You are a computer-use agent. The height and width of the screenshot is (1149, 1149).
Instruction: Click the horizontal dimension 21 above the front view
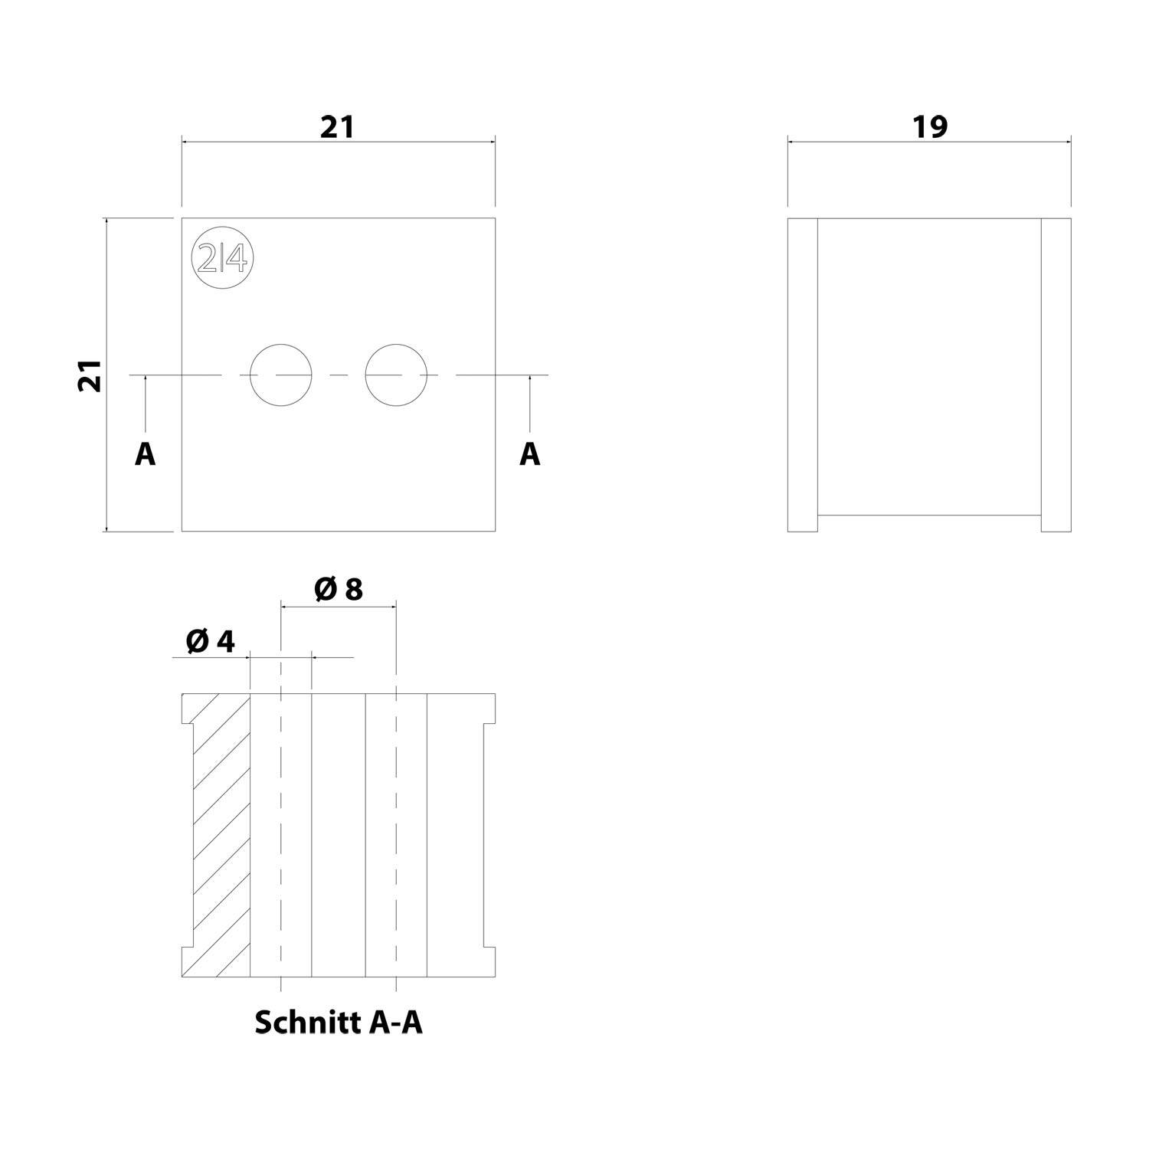tap(337, 127)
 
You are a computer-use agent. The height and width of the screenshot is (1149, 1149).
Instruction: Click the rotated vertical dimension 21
tap(90, 375)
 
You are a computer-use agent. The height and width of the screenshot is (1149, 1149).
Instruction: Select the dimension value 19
tap(929, 127)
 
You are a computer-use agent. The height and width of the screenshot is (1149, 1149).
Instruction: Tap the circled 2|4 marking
tap(222, 260)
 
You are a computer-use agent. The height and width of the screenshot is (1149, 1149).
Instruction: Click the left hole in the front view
tap(281, 375)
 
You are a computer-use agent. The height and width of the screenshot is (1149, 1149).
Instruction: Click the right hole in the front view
tap(395, 375)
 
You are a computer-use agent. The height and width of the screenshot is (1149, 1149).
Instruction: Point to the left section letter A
tap(145, 454)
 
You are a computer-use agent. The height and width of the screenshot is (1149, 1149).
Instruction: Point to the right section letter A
tap(529, 454)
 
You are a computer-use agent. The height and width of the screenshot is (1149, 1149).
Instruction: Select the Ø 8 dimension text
tap(338, 589)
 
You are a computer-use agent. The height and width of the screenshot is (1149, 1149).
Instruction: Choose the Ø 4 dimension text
tap(210, 642)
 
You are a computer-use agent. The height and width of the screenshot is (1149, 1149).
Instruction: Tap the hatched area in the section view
tap(218, 835)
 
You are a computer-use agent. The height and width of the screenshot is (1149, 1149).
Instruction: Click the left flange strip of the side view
tap(803, 375)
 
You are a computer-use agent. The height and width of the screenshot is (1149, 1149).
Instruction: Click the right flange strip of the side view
tap(1056, 375)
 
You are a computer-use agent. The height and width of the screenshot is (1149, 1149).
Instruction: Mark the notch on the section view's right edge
tap(489, 835)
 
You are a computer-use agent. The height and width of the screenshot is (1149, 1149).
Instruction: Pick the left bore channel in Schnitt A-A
tap(281, 835)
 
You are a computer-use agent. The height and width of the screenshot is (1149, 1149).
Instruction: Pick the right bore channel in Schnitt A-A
tap(395, 835)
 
